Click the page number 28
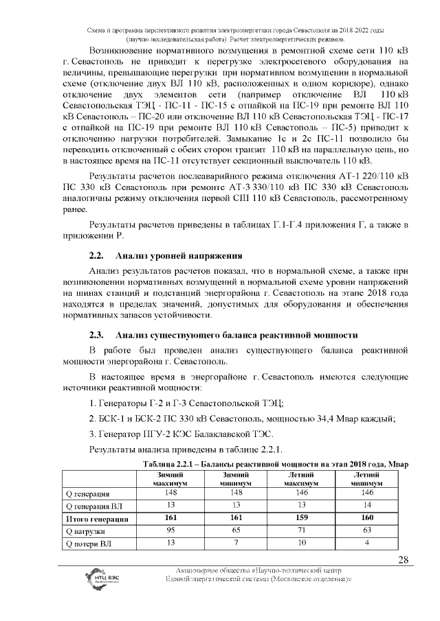(404, 560)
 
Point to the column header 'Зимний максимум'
(169, 479)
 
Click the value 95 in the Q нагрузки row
(169, 530)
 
